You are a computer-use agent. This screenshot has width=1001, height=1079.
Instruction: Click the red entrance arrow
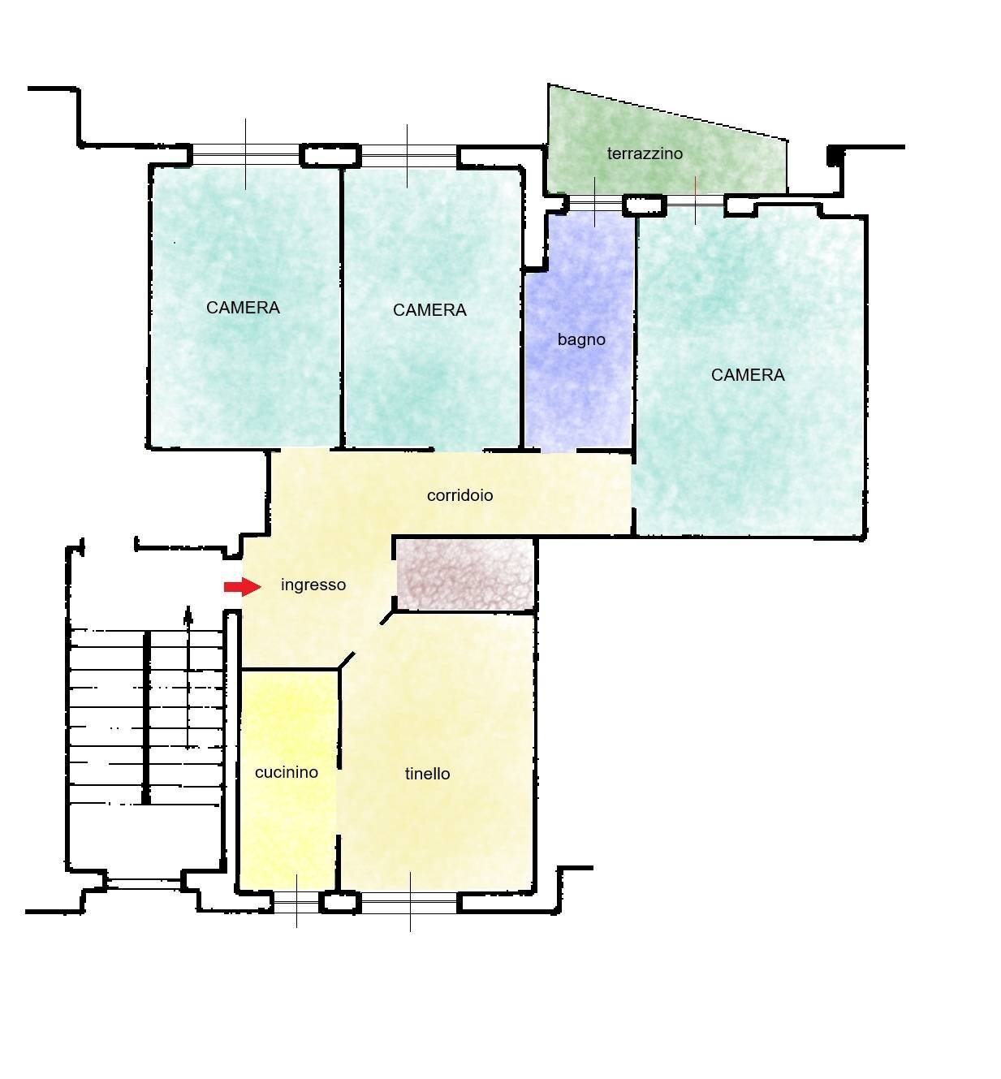(243, 586)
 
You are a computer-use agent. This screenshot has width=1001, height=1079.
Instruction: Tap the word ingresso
(313, 585)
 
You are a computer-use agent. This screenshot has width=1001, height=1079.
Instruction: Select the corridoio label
(460, 495)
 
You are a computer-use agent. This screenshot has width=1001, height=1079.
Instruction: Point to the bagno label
(581, 340)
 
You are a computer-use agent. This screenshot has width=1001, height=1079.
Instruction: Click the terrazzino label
(645, 153)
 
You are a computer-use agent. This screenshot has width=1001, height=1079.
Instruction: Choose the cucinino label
(287, 772)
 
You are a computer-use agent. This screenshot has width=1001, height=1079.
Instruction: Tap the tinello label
(427, 774)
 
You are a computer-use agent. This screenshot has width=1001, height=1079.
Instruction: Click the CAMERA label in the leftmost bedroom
(243, 308)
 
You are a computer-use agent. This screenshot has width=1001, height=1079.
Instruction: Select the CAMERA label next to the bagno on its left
(429, 310)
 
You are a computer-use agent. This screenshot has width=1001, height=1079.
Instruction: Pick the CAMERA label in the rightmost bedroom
(748, 375)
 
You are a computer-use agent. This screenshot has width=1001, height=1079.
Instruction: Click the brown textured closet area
(465, 576)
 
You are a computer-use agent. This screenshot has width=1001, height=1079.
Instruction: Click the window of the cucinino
(296, 903)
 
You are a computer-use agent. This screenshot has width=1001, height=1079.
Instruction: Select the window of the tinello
(410, 903)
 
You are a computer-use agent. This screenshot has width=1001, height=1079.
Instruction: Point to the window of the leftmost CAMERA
(246, 155)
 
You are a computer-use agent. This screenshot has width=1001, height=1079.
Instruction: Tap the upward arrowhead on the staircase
(188, 614)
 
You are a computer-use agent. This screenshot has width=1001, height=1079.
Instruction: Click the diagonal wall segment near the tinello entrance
(346, 659)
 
